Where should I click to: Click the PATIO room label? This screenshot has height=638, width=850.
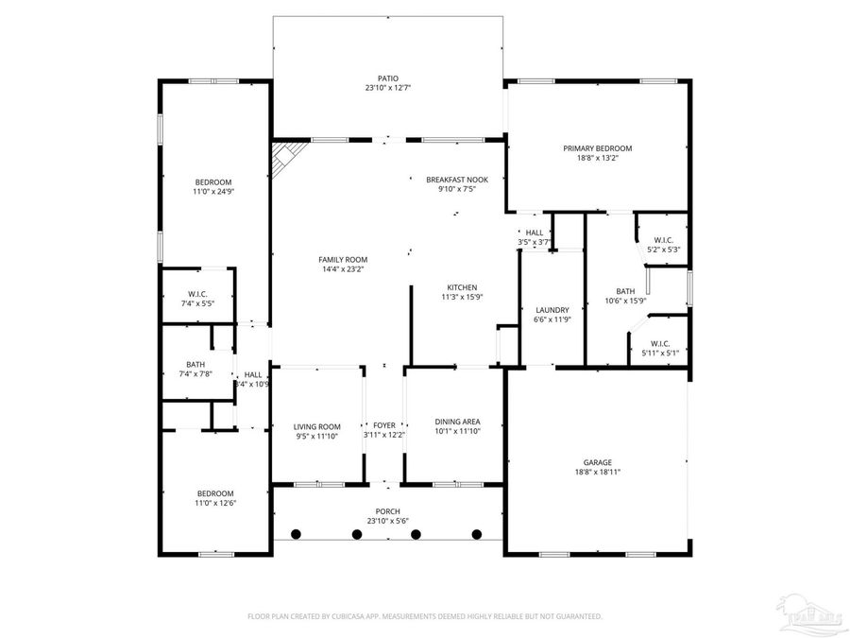pyautogui.click(x=387, y=78)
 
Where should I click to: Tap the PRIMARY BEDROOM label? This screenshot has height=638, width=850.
pyautogui.click(x=597, y=148)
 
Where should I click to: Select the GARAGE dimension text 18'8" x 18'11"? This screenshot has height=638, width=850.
pyautogui.click(x=597, y=472)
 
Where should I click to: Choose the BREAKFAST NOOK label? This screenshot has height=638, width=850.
pyautogui.click(x=456, y=179)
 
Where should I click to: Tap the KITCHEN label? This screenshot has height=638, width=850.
pyautogui.click(x=462, y=287)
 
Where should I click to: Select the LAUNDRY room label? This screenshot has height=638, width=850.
pyautogui.click(x=552, y=310)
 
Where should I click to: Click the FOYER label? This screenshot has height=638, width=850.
pyautogui.click(x=384, y=426)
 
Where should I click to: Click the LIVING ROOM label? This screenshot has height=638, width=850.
pyautogui.click(x=316, y=426)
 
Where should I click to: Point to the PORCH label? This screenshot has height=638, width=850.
pyautogui.click(x=387, y=511)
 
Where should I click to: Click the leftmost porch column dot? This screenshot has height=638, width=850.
pyautogui.click(x=296, y=534)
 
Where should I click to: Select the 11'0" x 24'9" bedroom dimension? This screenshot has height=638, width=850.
pyautogui.click(x=212, y=192)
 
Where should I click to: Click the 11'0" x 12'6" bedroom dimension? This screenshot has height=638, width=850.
pyautogui.click(x=214, y=503)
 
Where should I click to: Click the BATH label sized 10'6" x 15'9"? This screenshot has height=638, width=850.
pyautogui.click(x=625, y=292)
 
